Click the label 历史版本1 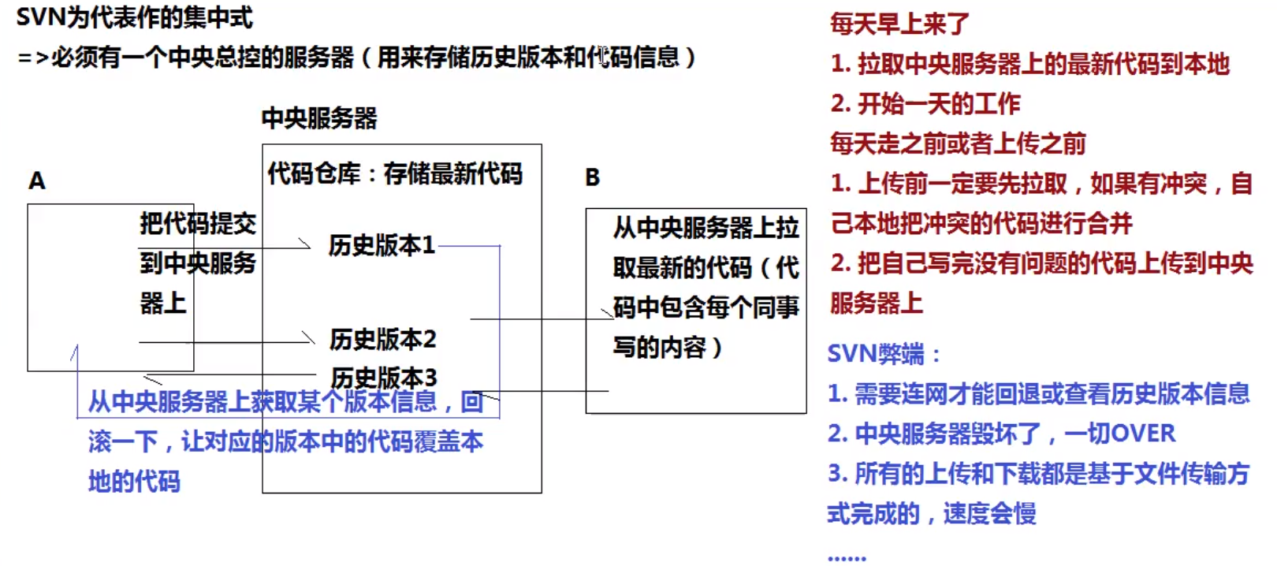(382, 245)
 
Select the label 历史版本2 (382, 339)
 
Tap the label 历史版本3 (383, 378)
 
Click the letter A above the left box (37, 181)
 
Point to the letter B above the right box (592, 178)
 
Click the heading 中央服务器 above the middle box (319, 118)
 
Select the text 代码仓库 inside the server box (314, 173)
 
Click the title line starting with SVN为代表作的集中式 (134, 17)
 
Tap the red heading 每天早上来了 (899, 24)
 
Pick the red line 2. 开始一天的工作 (925, 103)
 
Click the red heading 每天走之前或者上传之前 (958, 143)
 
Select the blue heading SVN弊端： (883, 353)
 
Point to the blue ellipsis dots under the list (847, 557)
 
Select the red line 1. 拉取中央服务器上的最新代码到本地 (1029, 64)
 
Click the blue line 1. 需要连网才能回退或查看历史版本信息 (1038, 393)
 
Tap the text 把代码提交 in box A (198, 224)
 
